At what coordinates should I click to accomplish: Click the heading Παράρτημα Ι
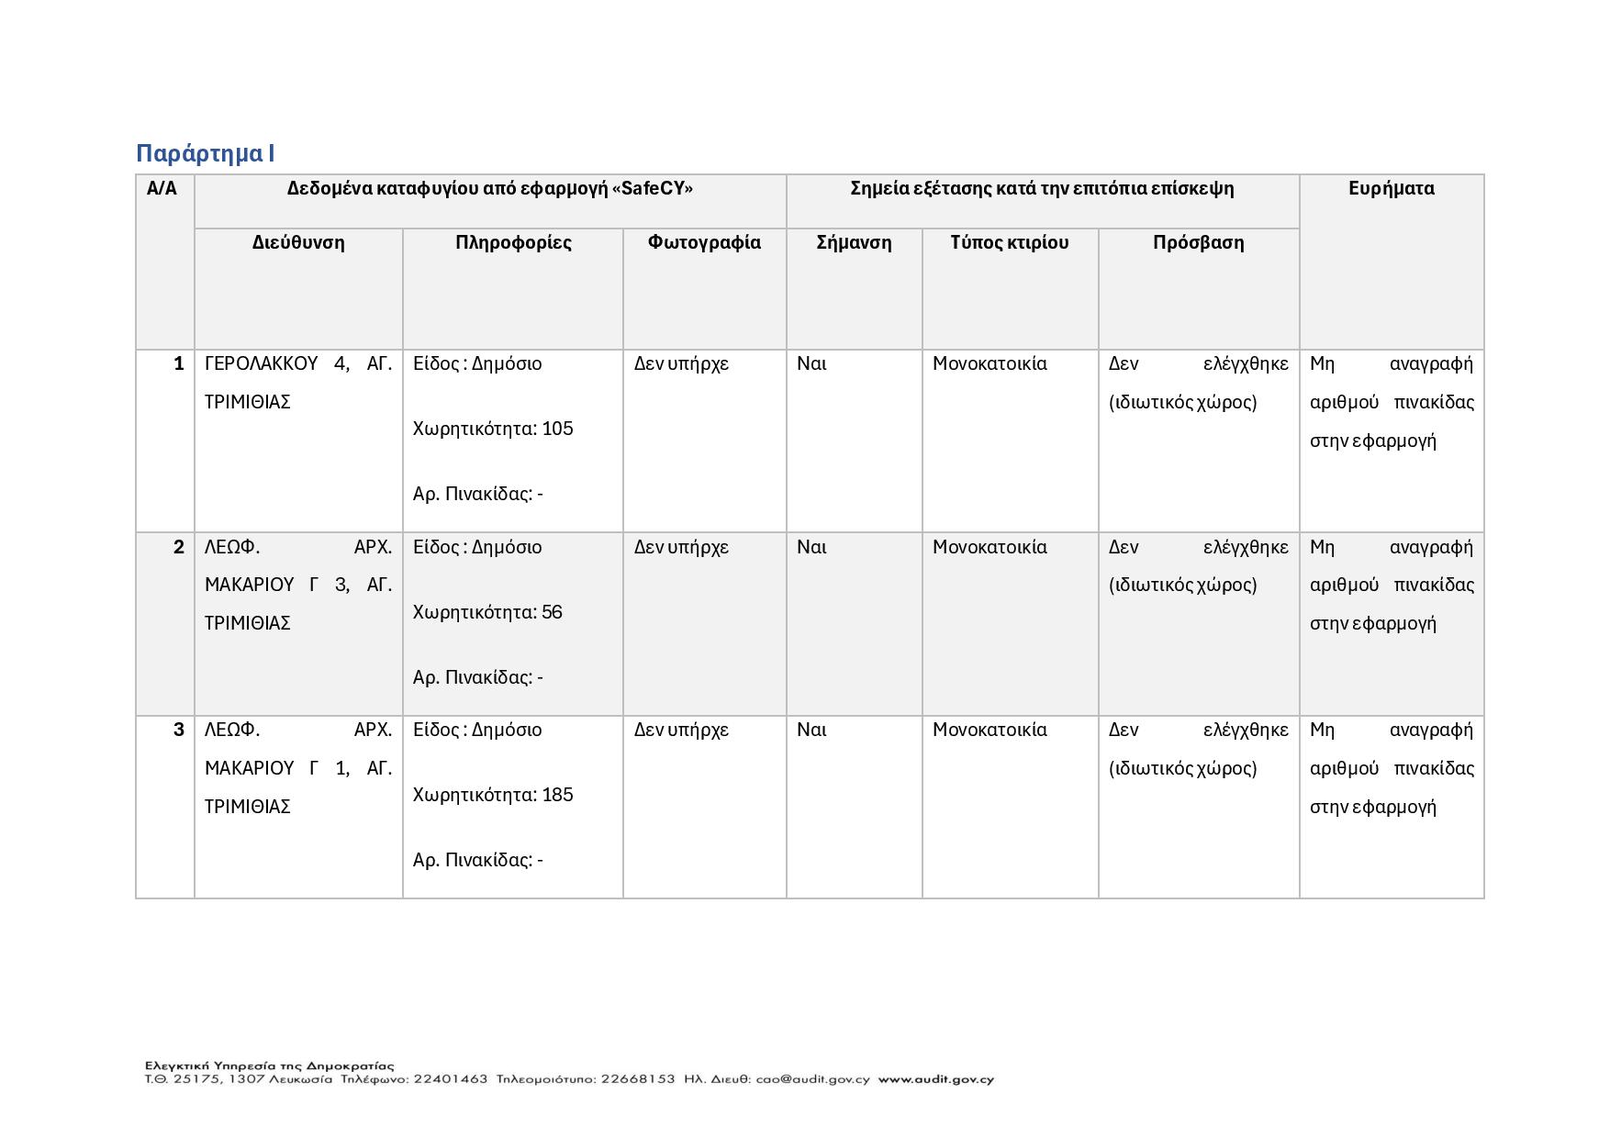click(x=206, y=153)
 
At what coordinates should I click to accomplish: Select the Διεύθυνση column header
click(x=298, y=242)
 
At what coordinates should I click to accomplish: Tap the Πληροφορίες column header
click(x=513, y=242)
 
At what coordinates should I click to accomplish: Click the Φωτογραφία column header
click(x=704, y=242)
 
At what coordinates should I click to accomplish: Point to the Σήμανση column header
click(x=854, y=242)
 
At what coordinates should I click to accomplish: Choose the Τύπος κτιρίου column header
click(x=1010, y=242)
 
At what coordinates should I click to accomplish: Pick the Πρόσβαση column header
click(x=1198, y=242)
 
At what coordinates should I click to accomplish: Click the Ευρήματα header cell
click(x=1391, y=188)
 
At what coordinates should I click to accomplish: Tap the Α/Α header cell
click(x=162, y=188)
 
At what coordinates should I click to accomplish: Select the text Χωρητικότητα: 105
click(x=493, y=429)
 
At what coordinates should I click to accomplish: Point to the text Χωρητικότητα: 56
click(x=487, y=612)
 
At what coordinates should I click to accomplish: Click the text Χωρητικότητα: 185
click(x=493, y=795)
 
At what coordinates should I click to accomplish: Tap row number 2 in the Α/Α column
click(x=178, y=547)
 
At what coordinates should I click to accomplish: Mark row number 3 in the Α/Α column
click(x=178, y=730)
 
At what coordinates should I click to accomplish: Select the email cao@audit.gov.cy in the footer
click(x=812, y=1079)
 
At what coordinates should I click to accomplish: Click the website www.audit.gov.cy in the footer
click(x=935, y=1079)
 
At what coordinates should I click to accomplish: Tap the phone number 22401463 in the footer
click(x=451, y=1079)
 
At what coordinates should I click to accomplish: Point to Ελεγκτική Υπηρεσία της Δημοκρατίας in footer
click(x=269, y=1065)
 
